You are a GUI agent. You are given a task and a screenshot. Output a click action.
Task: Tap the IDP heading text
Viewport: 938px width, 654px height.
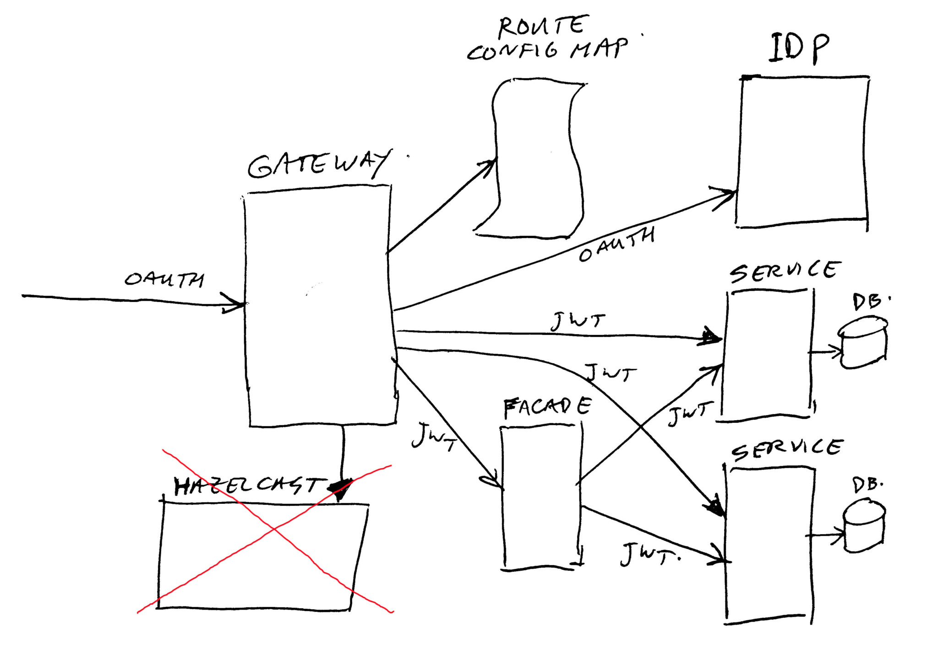tap(799, 48)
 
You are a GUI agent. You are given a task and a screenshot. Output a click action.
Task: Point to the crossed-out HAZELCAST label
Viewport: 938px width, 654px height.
tap(250, 486)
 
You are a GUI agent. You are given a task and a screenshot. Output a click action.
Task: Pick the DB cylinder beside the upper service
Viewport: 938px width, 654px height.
tap(863, 343)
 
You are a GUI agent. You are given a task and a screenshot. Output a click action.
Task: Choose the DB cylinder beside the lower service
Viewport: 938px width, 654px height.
tap(864, 526)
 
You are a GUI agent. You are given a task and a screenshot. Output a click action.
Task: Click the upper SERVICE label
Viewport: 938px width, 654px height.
tap(785, 271)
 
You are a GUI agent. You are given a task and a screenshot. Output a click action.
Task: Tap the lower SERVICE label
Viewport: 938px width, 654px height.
tap(787, 449)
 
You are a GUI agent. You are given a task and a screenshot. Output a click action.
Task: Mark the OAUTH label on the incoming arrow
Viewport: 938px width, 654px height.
tap(164, 279)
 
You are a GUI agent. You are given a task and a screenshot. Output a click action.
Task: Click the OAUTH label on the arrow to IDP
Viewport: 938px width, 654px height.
tap(616, 244)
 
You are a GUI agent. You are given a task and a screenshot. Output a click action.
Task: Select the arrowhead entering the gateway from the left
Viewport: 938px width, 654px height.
tap(234, 303)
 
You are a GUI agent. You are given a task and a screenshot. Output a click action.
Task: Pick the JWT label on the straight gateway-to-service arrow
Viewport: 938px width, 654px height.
tap(578, 321)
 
